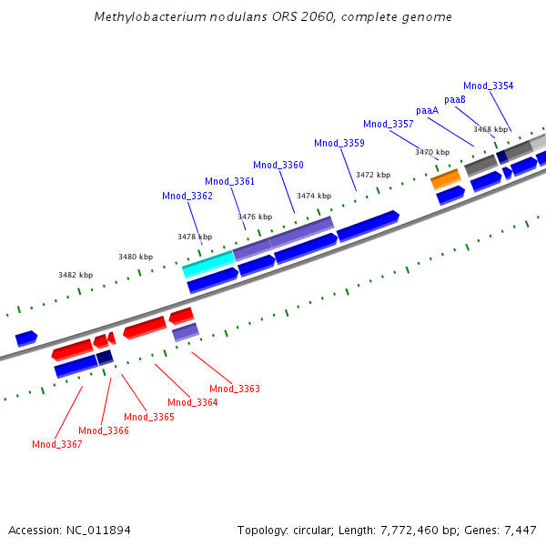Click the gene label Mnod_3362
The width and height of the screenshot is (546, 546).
point(187,196)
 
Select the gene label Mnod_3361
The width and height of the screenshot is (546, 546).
point(229,181)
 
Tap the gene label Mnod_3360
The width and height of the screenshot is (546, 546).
point(278,165)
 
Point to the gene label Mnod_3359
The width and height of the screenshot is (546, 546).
point(339,143)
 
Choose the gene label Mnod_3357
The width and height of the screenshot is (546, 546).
point(389,124)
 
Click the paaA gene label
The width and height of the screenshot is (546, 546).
point(428,110)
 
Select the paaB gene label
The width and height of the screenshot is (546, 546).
point(455,99)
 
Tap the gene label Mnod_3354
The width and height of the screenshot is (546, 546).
point(488,86)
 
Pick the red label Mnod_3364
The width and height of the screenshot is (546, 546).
point(193,402)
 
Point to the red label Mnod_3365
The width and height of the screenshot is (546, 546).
point(149,417)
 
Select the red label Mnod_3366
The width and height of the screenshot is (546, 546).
point(104,430)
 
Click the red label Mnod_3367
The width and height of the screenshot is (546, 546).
point(57,444)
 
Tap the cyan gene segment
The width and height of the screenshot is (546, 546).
point(208,266)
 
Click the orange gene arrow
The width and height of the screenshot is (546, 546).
point(446,178)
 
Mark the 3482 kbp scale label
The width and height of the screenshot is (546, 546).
point(76,275)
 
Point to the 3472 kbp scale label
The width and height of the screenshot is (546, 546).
point(373,175)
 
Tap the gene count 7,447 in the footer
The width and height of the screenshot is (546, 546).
point(520,530)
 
